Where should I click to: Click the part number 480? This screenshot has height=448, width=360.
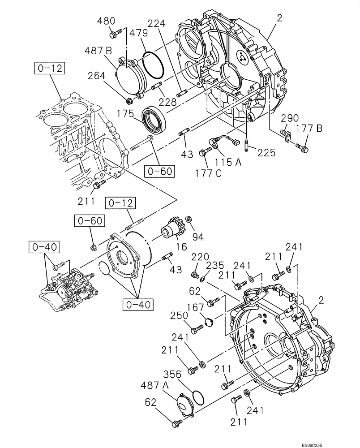tap(107, 21)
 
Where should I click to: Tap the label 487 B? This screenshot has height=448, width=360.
tap(98, 52)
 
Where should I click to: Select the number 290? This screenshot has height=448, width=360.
tap(290, 118)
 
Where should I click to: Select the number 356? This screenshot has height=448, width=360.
tap(172, 373)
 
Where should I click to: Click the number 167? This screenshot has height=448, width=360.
tap(198, 307)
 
